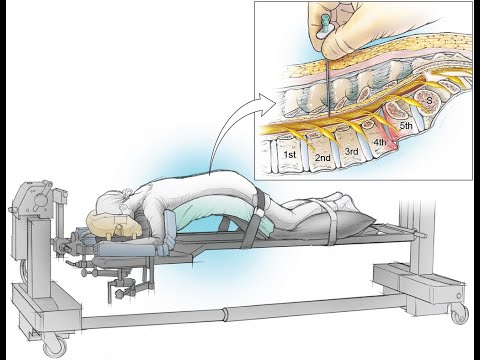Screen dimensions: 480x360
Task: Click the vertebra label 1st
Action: point(290,155)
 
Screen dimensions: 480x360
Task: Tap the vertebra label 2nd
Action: point(323,158)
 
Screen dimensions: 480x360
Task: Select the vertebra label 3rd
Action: point(351,152)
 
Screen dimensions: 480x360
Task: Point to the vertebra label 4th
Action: point(380,142)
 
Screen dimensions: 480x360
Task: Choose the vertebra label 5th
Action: point(406,126)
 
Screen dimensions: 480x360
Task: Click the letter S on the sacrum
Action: point(430,100)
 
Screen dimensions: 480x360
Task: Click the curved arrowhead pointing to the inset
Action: point(268,102)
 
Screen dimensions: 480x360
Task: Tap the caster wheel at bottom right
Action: point(460,315)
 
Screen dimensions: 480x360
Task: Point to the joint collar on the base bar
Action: point(226,314)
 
